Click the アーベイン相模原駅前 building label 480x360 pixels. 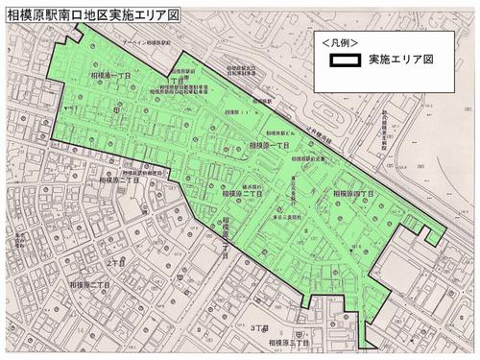[131, 44]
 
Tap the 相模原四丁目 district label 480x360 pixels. [351, 193]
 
